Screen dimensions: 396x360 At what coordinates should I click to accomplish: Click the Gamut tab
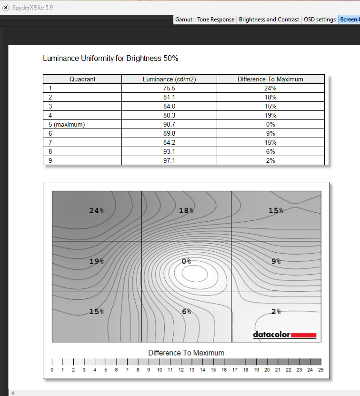coord(184,20)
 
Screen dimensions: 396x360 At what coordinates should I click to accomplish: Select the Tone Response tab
coord(216,20)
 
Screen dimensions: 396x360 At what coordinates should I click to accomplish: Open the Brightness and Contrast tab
coord(269,20)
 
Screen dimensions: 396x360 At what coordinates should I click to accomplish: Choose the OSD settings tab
coord(320,20)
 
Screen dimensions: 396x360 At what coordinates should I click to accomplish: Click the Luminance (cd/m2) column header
coord(169,79)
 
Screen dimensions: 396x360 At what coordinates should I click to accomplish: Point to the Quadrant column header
coord(82,79)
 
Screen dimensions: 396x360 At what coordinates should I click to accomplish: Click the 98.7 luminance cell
coord(169,124)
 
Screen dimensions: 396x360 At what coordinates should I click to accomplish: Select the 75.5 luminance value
coord(169,88)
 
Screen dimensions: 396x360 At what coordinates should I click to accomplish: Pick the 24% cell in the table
coord(270,88)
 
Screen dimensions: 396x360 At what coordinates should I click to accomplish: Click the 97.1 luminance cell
coord(169,160)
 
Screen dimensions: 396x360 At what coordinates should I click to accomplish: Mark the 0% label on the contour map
coord(186,261)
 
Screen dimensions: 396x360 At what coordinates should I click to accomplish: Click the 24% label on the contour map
coord(96,210)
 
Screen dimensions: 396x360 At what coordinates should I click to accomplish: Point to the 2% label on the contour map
coord(276,312)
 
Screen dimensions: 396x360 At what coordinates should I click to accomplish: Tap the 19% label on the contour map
coord(96,261)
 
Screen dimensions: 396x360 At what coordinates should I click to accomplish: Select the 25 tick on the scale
coord(321,370)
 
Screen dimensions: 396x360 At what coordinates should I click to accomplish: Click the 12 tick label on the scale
coord(181,370)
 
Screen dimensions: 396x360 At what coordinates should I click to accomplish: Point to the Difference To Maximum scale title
coord(186,353)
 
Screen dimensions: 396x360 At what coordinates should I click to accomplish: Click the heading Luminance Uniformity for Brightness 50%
coord(110,59)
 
